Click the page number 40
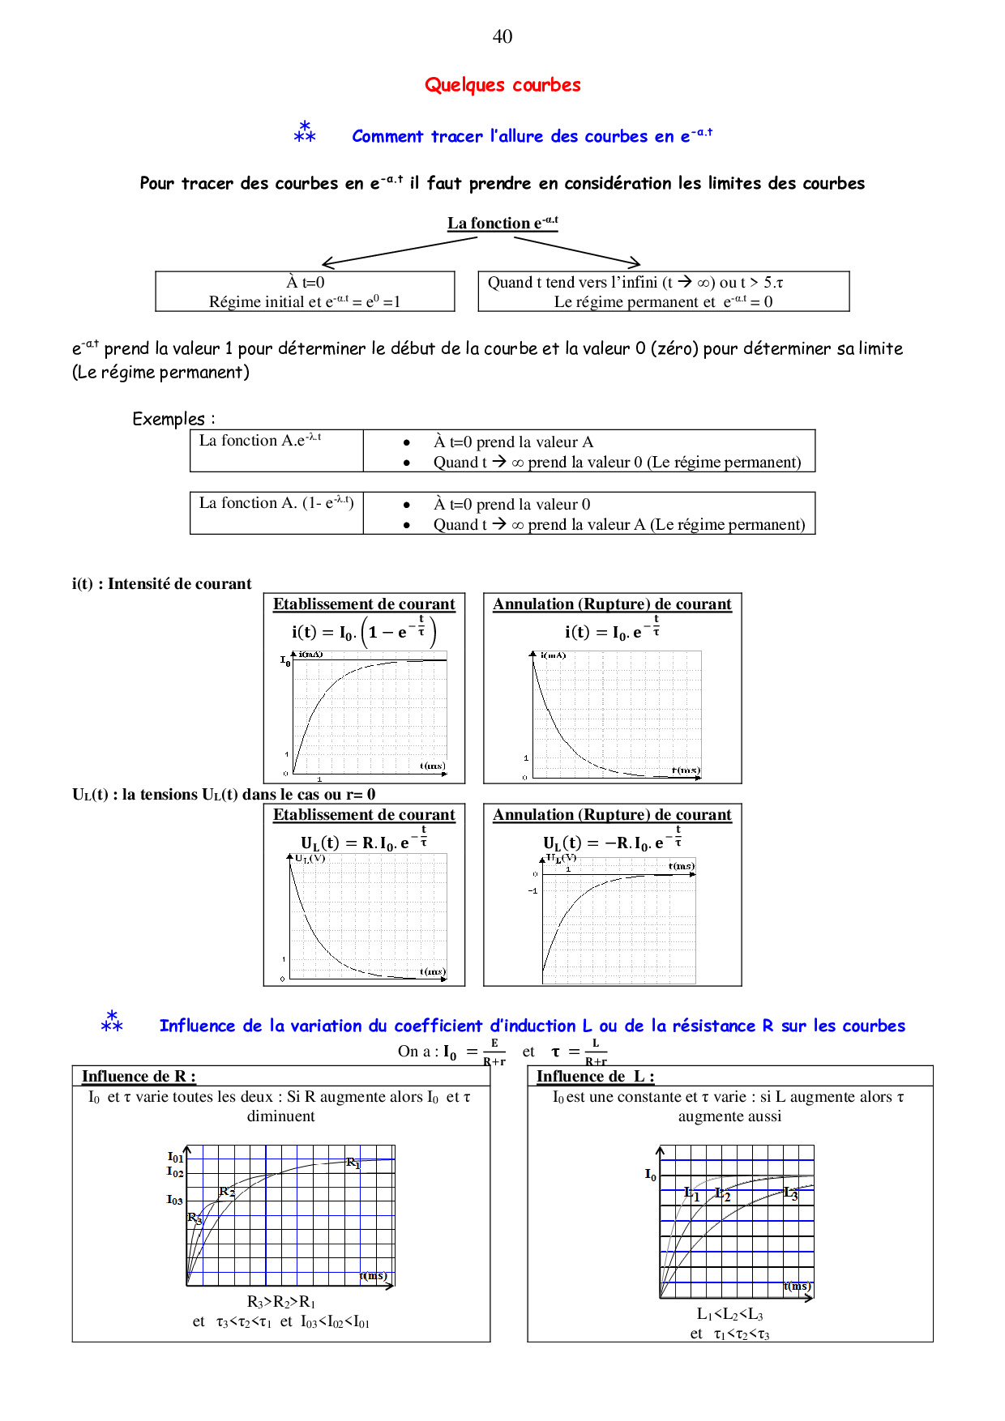point(502,36)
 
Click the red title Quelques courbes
point(502,85)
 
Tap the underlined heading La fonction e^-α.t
point(502,223)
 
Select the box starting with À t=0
point(305,292)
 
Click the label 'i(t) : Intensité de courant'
point(162,584)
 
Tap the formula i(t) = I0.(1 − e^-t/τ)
point(364,631)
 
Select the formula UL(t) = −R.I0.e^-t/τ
point(613,842)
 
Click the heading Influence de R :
point(139,1077)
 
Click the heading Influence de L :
point(595,1077)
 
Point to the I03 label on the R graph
point(175,1200)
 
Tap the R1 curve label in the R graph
point(353,1163)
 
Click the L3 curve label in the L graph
point(791,1193)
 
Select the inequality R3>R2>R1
point(281,1302)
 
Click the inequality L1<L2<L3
point(730,1314)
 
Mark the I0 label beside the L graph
point(651,1174)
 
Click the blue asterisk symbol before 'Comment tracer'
point(305,132)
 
